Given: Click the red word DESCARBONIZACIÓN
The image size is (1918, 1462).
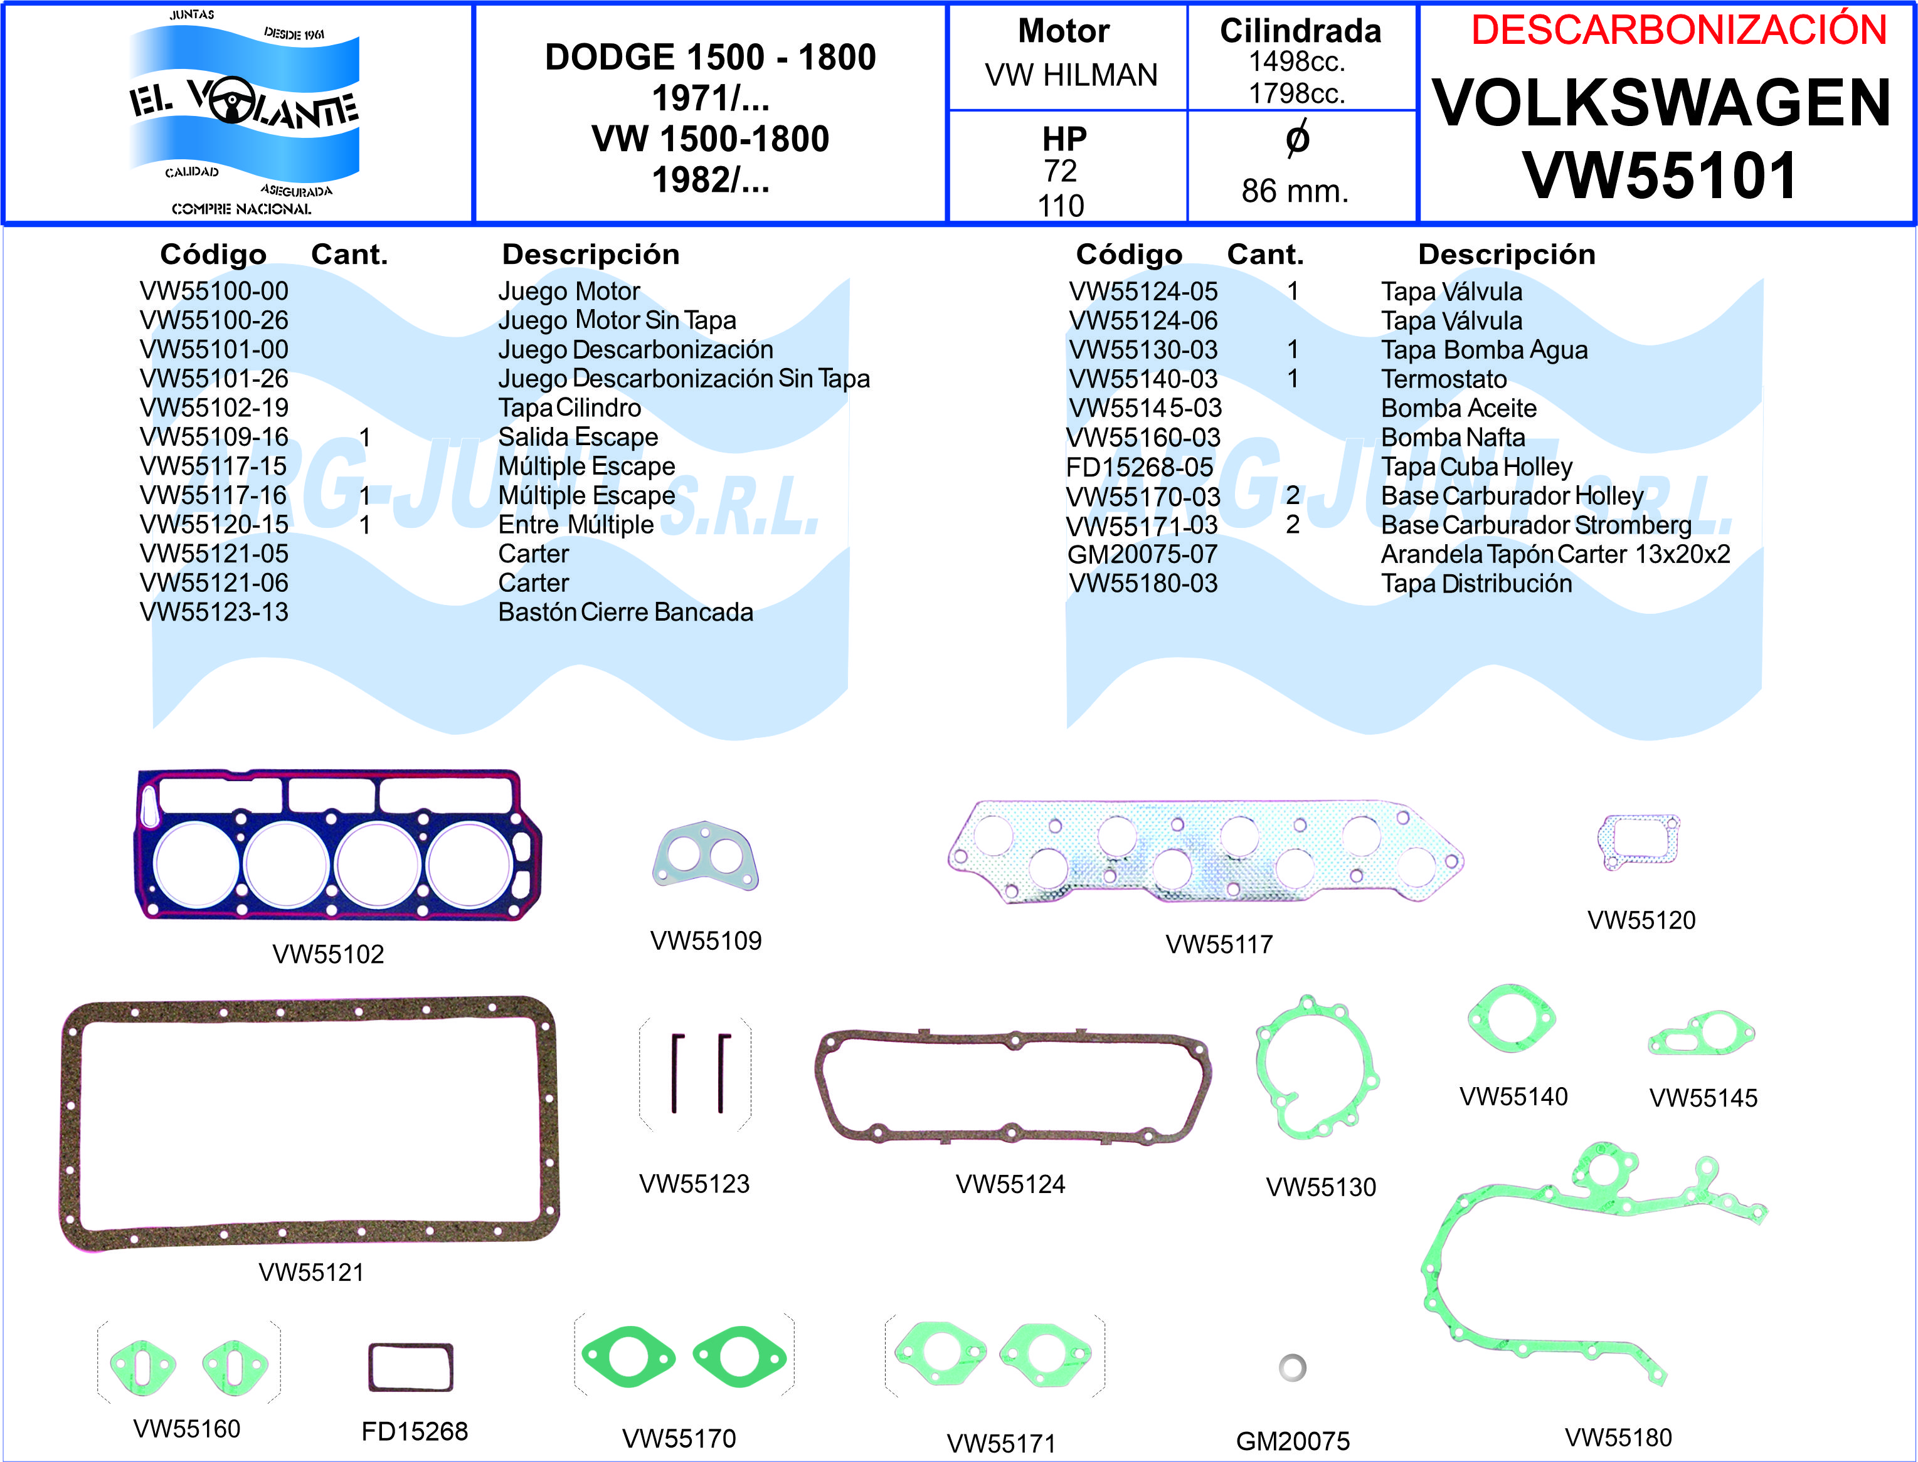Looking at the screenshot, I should click(1678, 31).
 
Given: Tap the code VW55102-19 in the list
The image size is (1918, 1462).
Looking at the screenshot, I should click(214, 408).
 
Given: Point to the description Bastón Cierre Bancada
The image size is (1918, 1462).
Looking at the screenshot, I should click(625, 612).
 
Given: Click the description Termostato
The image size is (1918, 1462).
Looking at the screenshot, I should click(1443, 379).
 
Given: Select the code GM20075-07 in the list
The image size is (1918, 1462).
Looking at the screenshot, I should click(1142, 554).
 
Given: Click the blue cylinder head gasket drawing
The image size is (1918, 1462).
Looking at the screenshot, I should click(338, 844).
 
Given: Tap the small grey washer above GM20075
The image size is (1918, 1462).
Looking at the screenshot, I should click(1292, 1367).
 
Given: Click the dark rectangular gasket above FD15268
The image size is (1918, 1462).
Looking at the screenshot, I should click(411, 1367).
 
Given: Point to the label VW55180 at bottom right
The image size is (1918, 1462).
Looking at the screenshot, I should click(1618, 1438).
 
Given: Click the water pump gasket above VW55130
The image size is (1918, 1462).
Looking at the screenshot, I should click(1315, 1070).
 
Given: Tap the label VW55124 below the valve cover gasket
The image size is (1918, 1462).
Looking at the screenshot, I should click(1010, 1184).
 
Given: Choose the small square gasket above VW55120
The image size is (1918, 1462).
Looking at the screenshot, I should click(1640, 841).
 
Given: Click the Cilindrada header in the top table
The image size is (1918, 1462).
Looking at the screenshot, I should click(1300, 31).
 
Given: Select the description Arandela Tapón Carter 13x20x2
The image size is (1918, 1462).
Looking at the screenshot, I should click(1555, 554).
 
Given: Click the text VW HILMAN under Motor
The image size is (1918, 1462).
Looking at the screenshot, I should click(1071, 76).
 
